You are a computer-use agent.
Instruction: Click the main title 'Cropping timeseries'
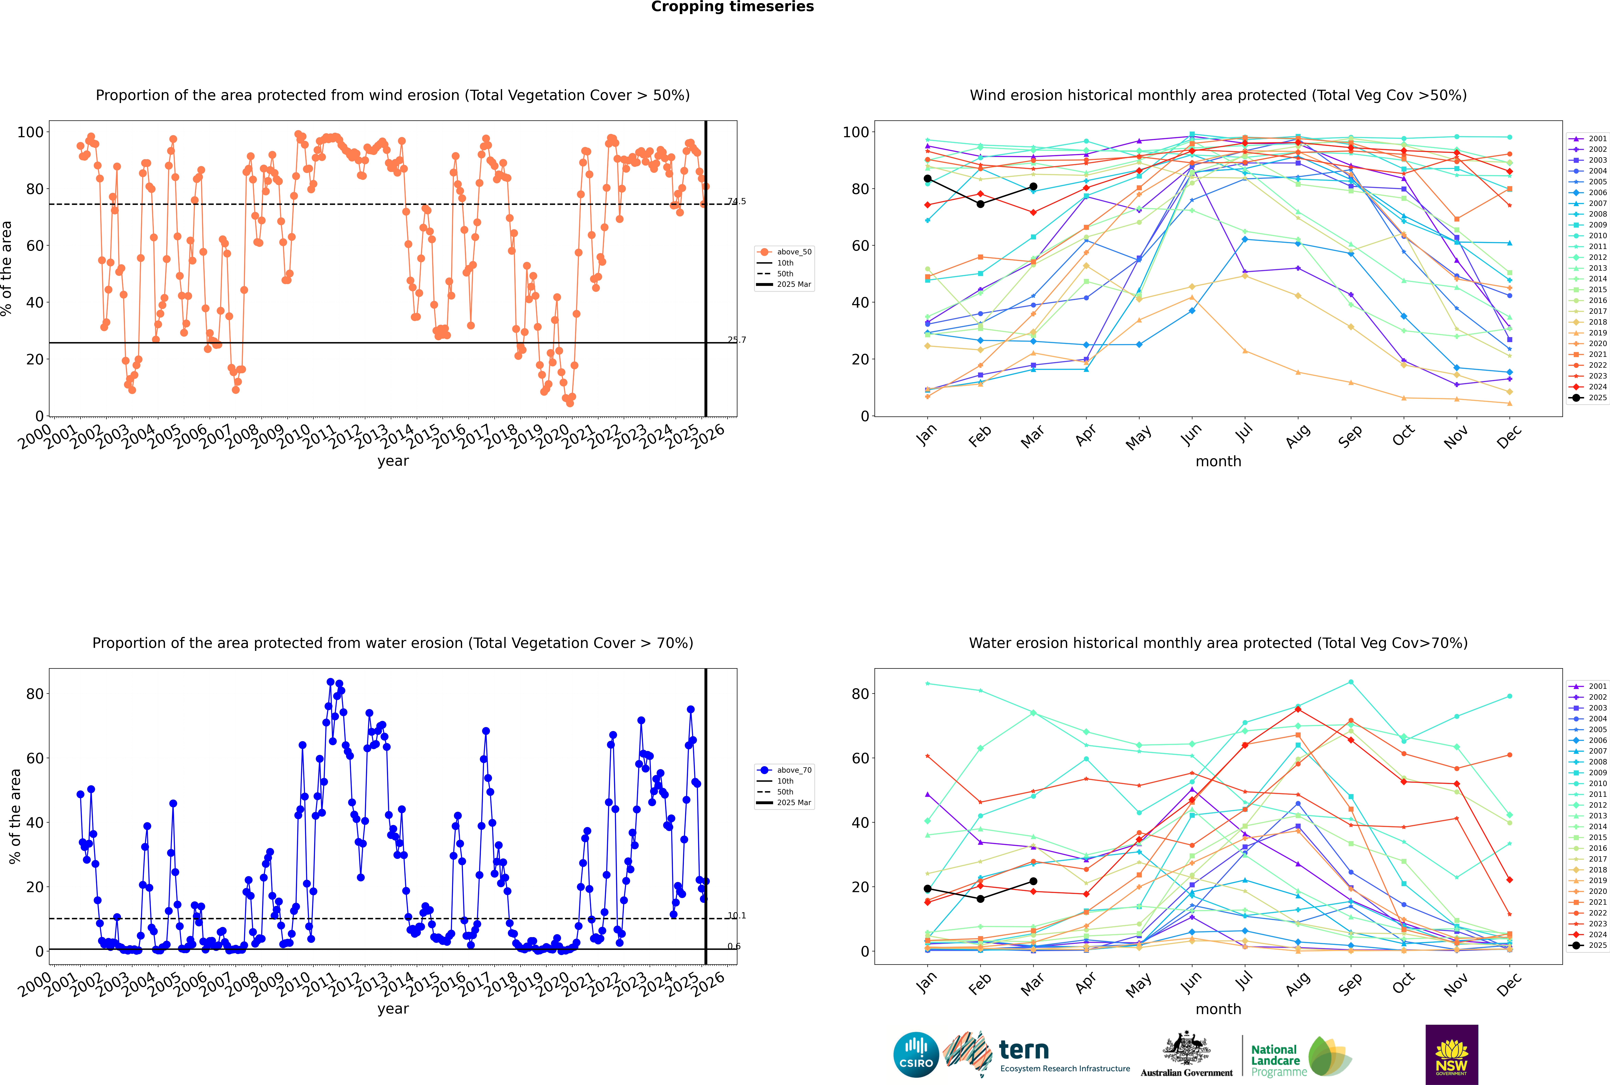732,7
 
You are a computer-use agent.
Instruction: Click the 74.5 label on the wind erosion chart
737,201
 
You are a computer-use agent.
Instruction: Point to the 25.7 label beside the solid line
737,340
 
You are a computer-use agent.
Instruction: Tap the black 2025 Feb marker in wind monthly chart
980,204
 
